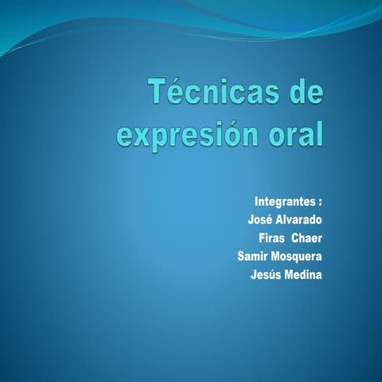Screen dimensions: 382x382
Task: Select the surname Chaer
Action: pyautogui.click(x=307, y=238)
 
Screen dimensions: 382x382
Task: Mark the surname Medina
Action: pyautogui.click(x=305, y=275)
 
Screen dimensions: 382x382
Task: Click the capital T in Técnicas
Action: pyautogui.click(x=158, y=94)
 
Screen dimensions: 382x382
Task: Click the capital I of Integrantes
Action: pyautogui.click(x=256, y=200)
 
